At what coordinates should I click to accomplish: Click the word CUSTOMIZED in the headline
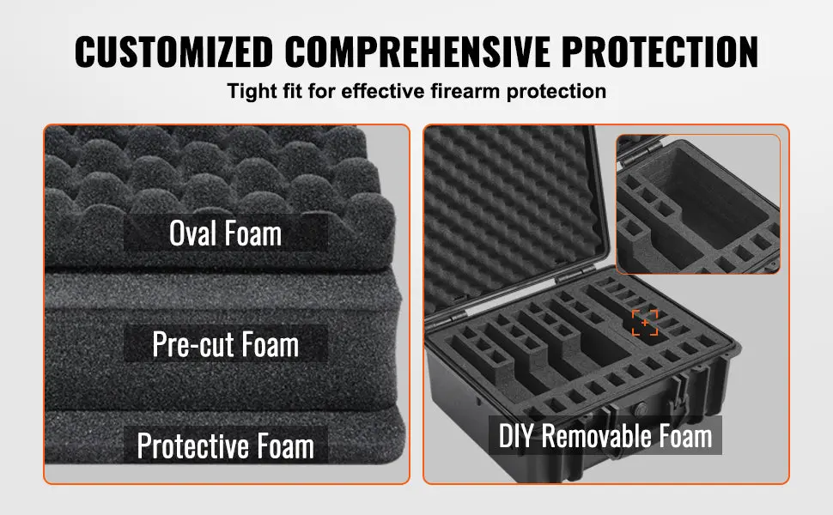click(x=173, y=51)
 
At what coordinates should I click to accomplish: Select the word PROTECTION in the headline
click(x=660, y=51)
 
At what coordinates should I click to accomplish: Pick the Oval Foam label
click(x=225, y=233)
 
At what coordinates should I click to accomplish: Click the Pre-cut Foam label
click(x=225, y=344)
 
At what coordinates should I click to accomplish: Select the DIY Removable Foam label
click(x=605, y=435)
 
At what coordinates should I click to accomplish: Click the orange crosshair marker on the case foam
click(x=645, y=323)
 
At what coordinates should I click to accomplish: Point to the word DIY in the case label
click(x=516, y=435)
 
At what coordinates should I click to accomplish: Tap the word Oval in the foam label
click(x=193, y=233)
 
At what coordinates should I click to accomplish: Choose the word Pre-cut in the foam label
click(x=193, y=344)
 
